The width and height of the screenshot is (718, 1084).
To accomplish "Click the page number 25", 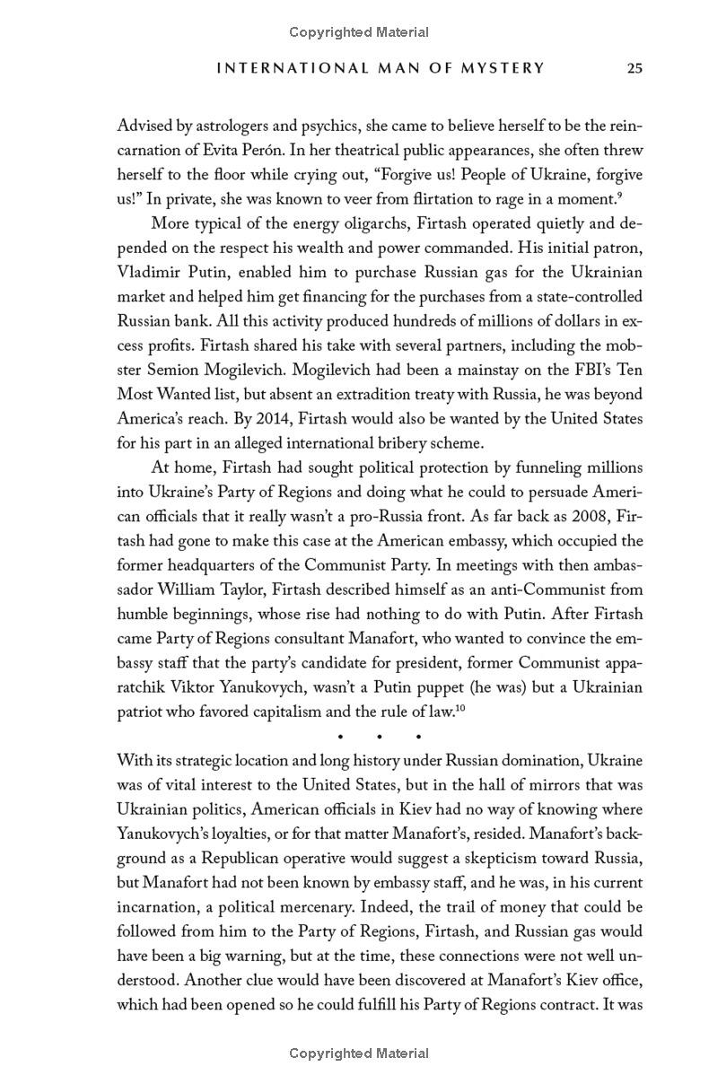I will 635,68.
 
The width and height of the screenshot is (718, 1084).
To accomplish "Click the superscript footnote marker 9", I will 620,194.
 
